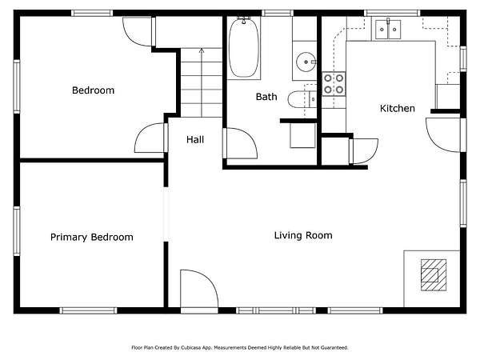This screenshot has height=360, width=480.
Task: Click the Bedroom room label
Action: tap(93, 90)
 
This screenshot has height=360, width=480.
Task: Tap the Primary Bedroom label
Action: tap(92, 238)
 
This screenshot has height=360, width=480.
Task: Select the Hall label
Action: tap(195, 139)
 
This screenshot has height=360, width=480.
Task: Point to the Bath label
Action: tap(266, 97)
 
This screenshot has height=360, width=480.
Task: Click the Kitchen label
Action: tap(398, 108)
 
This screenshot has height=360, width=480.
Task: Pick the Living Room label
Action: tap(303, 235)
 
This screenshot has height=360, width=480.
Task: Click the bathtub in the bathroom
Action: tap(244, 48)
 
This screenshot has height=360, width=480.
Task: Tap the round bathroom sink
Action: tap(306, 62)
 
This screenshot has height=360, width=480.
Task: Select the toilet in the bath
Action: tap(302, 99)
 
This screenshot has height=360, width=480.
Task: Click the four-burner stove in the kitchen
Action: tap(334, 84)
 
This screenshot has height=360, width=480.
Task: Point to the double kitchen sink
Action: tap(388, 30)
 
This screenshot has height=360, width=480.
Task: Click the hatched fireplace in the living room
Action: tap(434, 275)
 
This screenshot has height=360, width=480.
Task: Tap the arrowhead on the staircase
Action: tap(202, 50)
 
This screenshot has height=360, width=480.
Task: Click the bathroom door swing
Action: tap(240, 143)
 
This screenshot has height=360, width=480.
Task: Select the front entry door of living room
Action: tap(199, 290)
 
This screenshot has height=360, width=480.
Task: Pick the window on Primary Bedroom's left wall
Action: tap(17, 231)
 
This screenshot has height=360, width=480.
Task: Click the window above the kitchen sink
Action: tap(392, 13)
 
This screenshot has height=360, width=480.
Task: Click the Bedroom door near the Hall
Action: tap(151, 138)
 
